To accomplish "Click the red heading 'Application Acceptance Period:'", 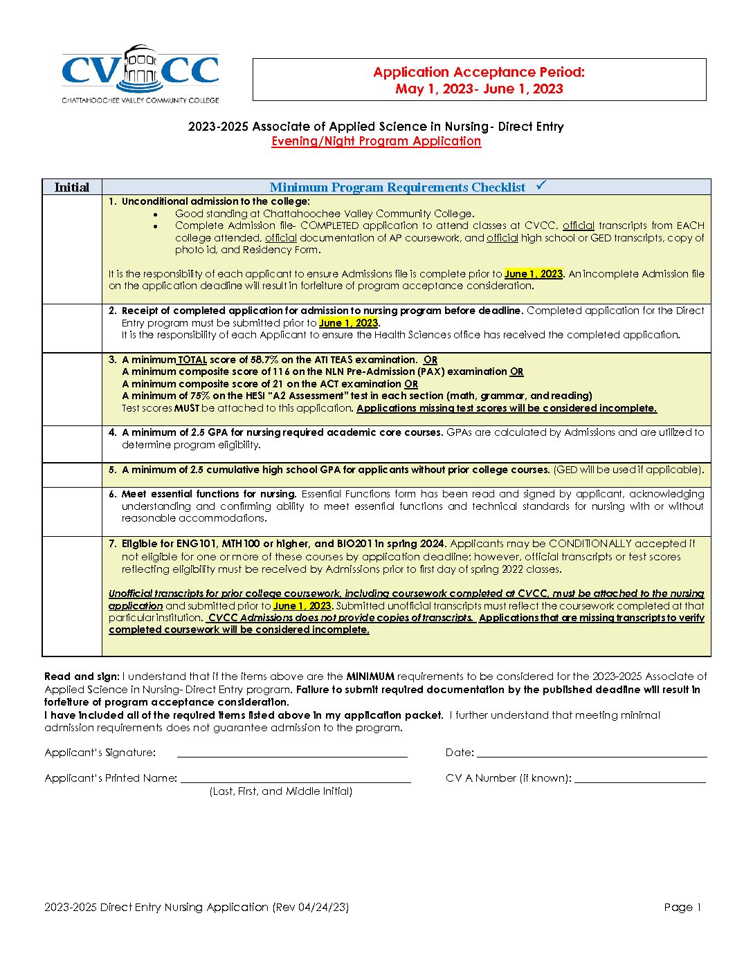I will [479, 72].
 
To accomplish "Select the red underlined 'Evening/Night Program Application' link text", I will [376, 141].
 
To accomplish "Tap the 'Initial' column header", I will [72, 187].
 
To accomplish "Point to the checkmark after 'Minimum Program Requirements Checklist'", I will [541, 185].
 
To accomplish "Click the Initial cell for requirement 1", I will [72, 249].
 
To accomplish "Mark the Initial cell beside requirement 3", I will [72, 389].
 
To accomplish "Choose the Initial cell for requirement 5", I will [72, 475].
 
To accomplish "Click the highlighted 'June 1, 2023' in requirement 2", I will [349, 323].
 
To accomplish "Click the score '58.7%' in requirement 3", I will [265, 360].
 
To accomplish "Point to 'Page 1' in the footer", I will [682, 908].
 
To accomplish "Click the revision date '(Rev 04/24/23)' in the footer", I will [310, 908].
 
